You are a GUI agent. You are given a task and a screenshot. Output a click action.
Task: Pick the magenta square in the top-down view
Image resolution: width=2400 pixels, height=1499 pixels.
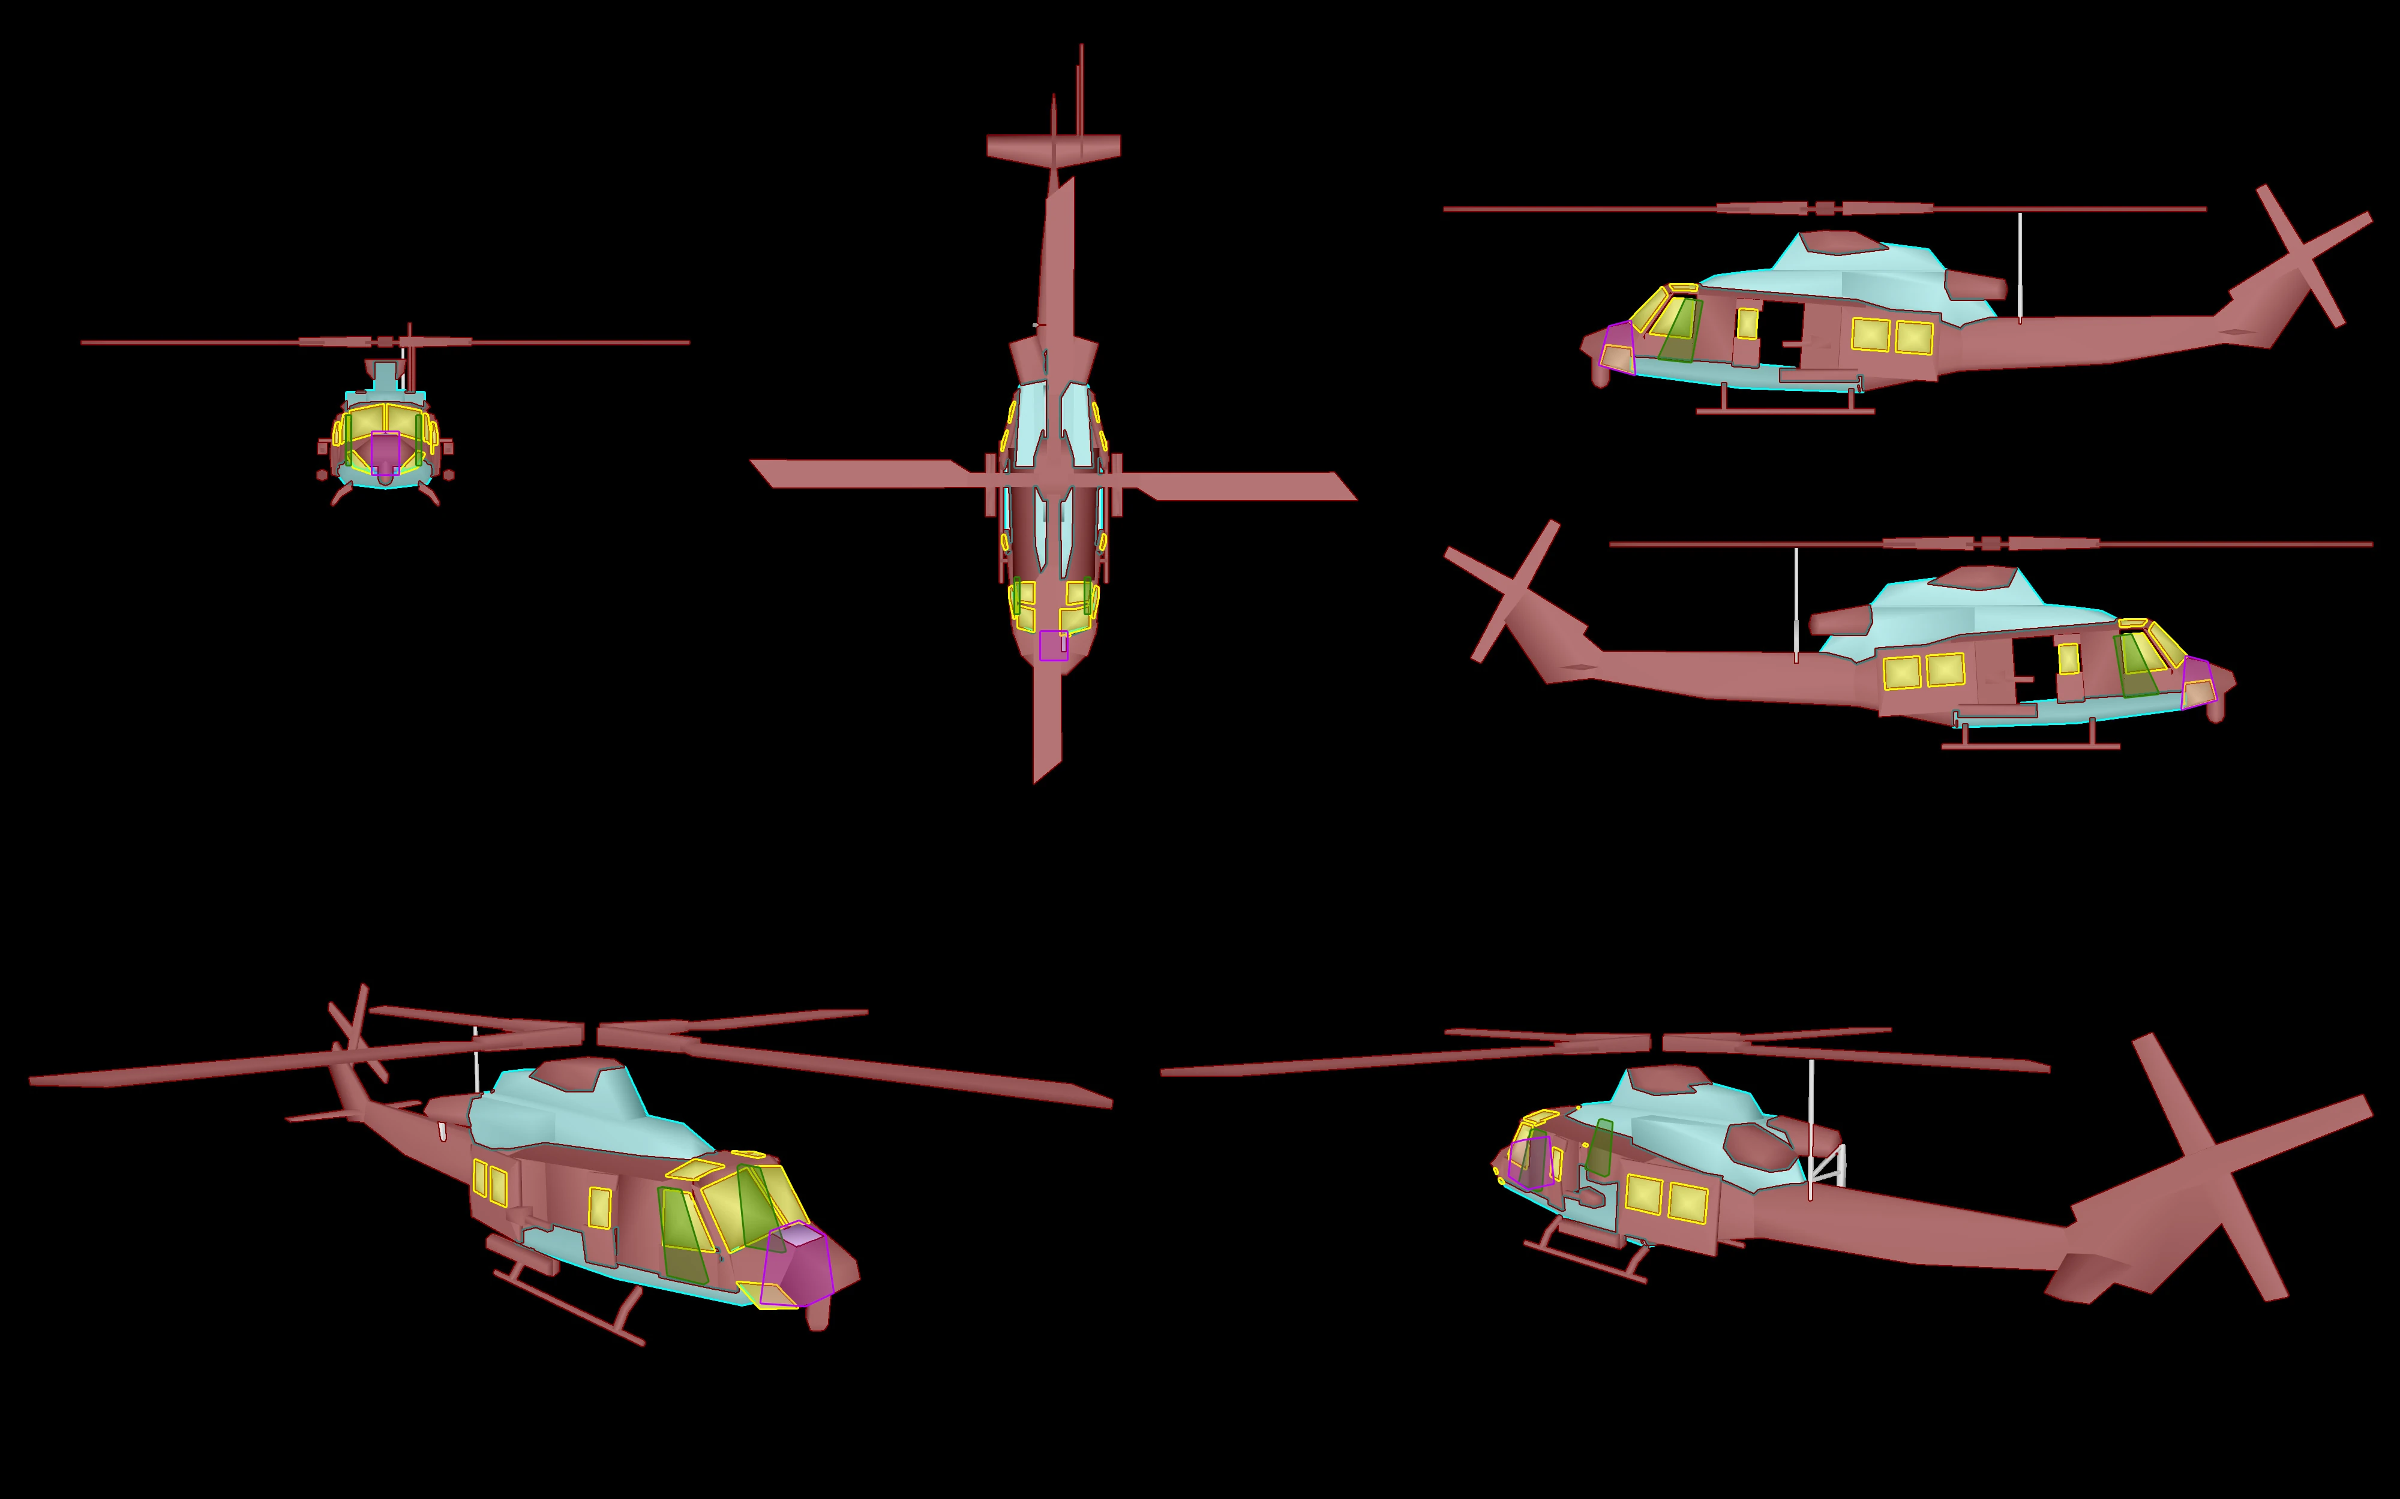click(1053, 645)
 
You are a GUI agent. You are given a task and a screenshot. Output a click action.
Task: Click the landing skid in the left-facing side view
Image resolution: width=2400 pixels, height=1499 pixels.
click(1785, 411)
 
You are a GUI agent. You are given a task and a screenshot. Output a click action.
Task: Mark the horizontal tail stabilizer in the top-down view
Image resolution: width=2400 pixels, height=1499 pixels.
click(1053, 147)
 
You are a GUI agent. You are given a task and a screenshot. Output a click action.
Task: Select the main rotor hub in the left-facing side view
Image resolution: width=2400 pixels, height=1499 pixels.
click(1825, 208)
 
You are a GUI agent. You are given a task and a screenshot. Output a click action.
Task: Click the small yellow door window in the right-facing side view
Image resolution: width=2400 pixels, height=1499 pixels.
click(2069, 658)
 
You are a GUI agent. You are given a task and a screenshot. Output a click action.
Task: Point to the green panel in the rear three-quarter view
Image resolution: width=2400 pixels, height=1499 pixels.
click(1598, 1148)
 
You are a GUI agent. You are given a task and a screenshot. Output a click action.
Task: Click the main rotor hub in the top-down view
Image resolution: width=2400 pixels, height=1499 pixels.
click(1053, 481)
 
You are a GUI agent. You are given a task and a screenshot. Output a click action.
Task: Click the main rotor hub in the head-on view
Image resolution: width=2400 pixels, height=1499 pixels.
click(385, 342)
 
